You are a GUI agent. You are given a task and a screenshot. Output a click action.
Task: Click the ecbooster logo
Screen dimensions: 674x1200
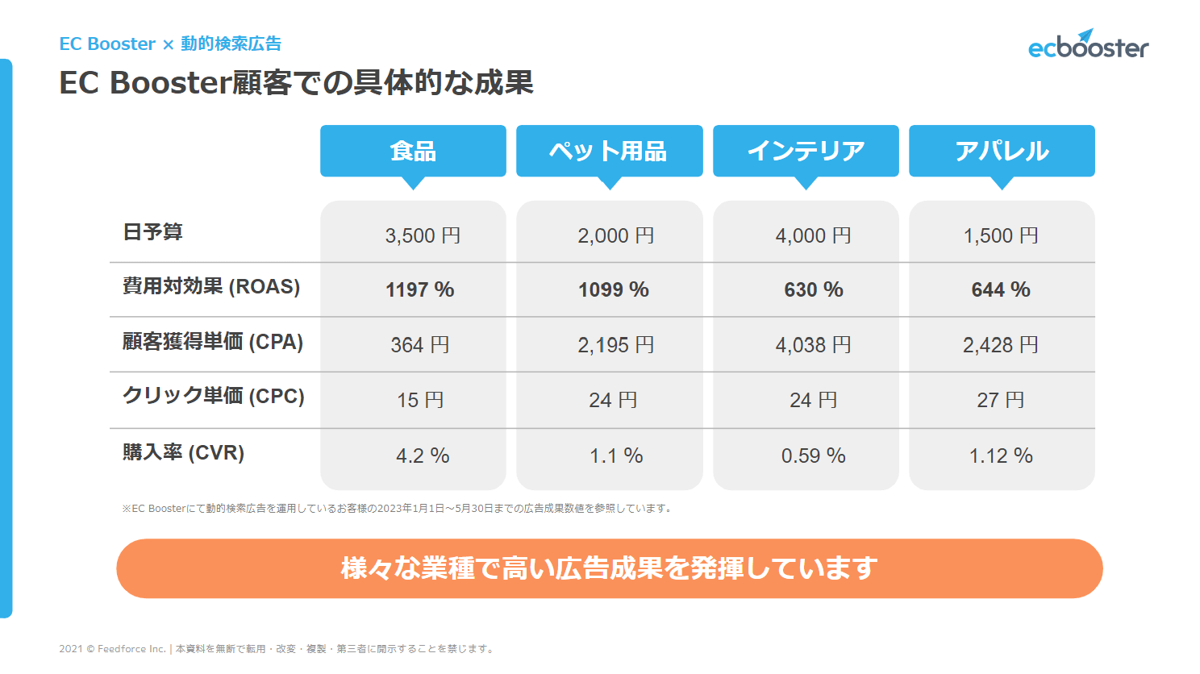point(1088,46)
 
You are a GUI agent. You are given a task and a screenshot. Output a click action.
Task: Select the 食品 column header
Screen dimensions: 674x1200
point(413,151)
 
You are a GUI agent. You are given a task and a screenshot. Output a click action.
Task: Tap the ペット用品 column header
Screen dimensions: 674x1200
point(609,151)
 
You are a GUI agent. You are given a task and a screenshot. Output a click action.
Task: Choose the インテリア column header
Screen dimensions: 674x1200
point(806,151)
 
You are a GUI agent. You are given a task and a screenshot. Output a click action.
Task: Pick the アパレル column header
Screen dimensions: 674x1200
point(1002,151)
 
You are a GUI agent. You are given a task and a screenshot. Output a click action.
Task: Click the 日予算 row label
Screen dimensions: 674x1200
point(153,232)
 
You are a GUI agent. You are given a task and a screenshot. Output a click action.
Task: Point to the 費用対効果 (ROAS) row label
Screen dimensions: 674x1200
point(211,286)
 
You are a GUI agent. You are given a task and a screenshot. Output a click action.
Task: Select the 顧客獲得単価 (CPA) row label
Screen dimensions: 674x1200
point(213,342)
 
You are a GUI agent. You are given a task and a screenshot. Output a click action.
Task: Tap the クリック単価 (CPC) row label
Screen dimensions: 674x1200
point(214,396)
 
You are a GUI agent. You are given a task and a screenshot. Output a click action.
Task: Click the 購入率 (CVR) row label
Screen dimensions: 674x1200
point(184,452)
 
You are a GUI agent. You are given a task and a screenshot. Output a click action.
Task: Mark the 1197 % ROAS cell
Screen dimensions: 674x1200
point(419,289)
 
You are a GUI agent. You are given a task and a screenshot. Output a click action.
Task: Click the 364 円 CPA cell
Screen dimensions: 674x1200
point(419,345)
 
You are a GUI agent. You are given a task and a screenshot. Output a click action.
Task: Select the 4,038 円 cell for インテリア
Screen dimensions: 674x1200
point(813,345)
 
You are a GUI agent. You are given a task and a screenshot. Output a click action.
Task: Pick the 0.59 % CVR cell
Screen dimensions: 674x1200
point(813,456)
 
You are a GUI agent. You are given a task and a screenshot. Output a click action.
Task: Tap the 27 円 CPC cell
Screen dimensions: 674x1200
point(1000,400)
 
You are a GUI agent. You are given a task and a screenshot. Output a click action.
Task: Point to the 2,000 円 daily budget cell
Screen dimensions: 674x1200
point(615,235)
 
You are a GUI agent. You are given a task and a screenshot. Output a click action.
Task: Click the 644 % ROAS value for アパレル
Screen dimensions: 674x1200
point(1000,289)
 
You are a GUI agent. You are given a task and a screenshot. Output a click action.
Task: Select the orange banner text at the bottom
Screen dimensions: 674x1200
point(609,568)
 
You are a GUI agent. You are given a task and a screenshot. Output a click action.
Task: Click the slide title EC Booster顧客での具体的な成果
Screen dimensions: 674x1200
point(296,82)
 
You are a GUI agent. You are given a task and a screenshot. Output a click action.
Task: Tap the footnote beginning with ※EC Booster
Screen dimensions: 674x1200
point(398,509)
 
